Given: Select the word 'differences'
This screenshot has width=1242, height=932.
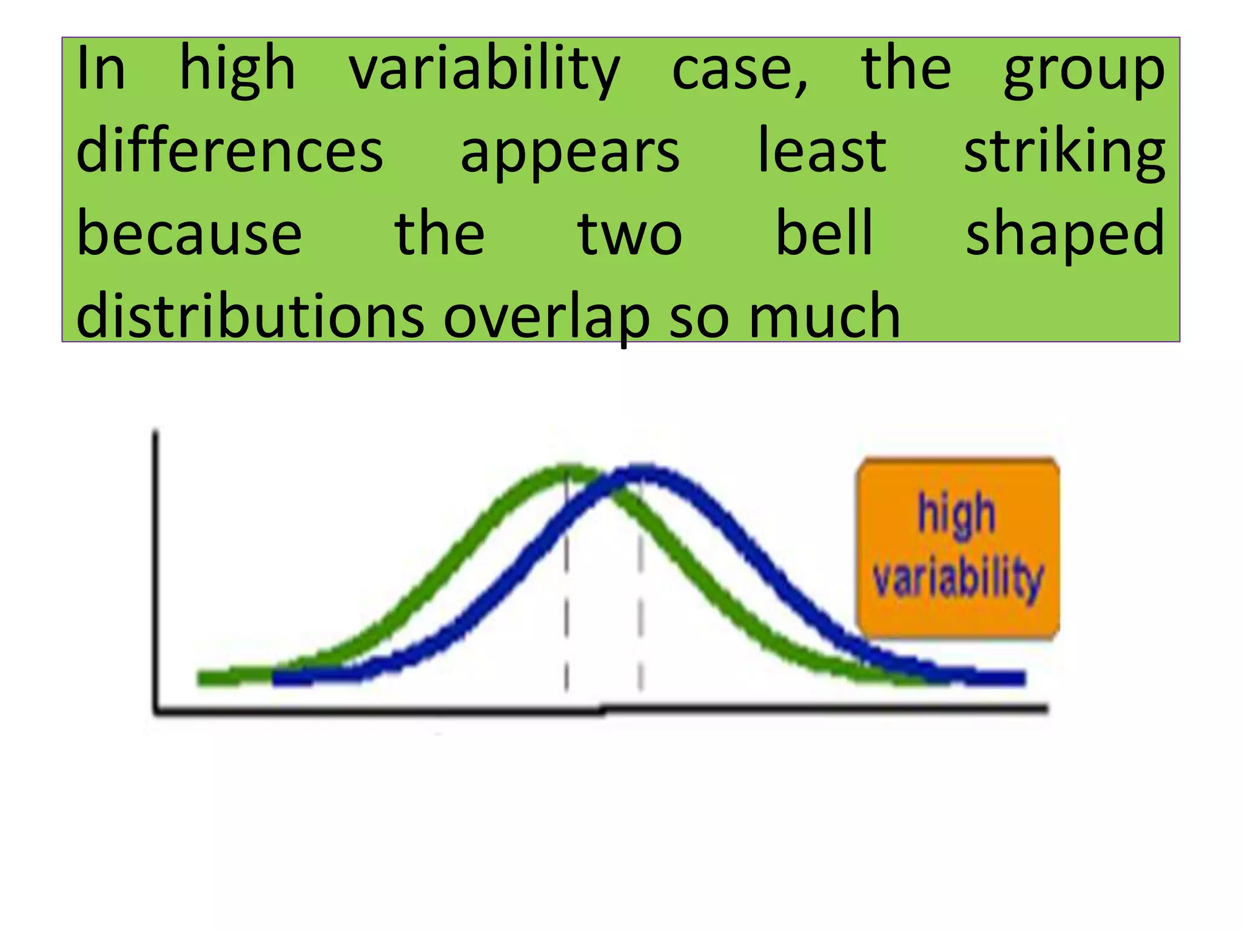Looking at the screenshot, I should click(229, 152).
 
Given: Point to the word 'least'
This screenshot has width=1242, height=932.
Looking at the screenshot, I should click(822, 152).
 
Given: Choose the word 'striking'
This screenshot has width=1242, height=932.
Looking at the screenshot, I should click(1064, 152).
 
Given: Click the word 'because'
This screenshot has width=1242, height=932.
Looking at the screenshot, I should click(189, 234).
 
